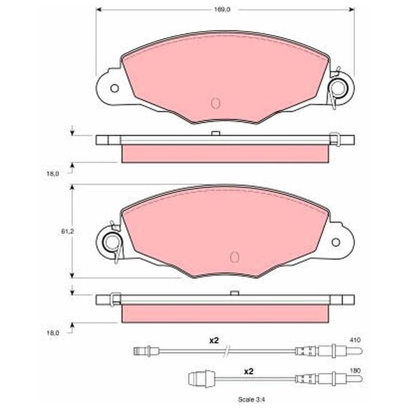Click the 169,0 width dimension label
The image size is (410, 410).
(222, 10)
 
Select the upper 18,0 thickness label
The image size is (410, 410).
(53, 174)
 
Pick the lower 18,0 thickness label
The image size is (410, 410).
(53, 333)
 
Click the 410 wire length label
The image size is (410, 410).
(355, 340)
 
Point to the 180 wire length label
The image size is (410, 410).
(355, 371)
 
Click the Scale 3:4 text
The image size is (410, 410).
(252, 400)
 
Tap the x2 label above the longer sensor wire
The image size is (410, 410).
(214, 340)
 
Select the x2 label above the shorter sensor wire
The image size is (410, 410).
(249, 371)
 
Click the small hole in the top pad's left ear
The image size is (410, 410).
(114, 88)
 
